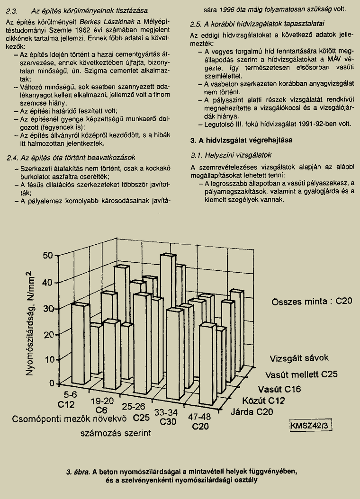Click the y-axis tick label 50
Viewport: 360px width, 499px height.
point(48,256)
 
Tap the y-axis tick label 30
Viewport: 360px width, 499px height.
point(48,308)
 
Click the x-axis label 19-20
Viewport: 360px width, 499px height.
point(102,401)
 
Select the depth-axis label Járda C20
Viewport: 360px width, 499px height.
point(252,411)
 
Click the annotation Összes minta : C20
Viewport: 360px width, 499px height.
point(312,302)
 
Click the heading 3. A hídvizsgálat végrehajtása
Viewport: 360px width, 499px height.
point(241,141)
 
